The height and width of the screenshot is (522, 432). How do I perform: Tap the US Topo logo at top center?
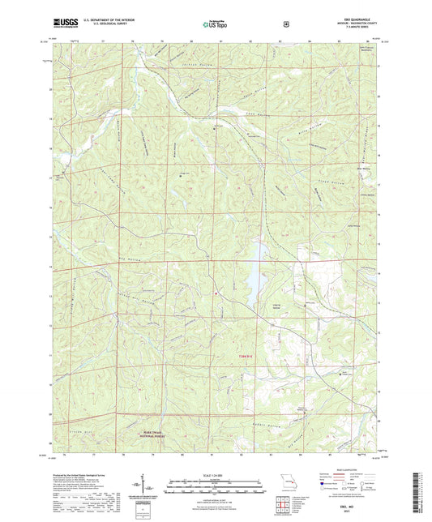[215, 24]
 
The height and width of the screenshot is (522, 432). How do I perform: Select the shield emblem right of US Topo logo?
[286, 24]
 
